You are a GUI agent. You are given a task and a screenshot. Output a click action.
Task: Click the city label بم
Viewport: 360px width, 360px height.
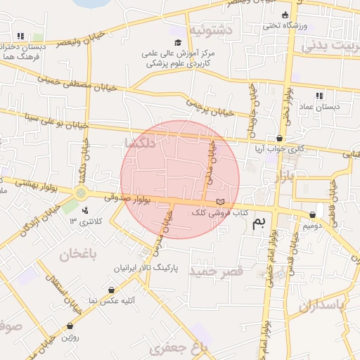point(259,224)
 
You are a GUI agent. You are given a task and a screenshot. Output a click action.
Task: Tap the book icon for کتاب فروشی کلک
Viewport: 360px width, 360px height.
point(221,202)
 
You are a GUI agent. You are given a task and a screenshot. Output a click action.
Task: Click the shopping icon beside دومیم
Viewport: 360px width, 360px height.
point(312,214)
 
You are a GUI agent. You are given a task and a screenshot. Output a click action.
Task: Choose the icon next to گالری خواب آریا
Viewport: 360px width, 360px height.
point(281,139)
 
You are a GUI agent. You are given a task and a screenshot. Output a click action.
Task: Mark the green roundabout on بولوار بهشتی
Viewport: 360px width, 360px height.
point(81,193)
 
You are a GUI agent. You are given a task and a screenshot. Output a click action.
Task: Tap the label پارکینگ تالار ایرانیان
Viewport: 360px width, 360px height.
point(146,269)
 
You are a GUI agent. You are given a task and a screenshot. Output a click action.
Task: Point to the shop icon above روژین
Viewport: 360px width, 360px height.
point(70,326)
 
